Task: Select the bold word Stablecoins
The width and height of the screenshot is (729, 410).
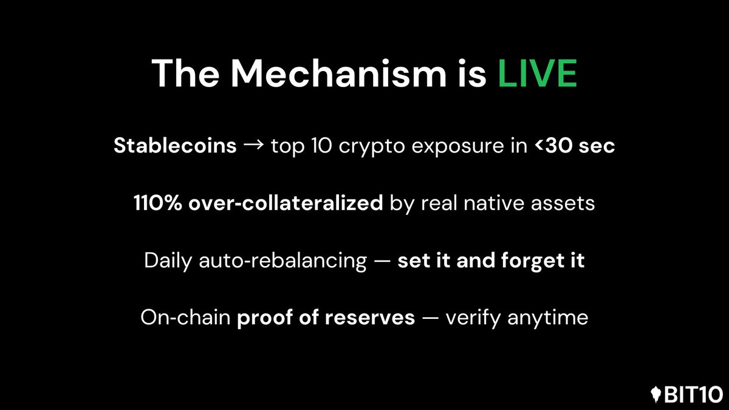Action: click(175, 147)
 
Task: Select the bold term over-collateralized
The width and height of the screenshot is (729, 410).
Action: click(286, 203)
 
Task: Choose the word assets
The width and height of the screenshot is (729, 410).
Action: click(566, 203)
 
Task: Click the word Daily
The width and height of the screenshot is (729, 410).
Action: click(166, 261)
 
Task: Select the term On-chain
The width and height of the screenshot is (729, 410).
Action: click(184, 317)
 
